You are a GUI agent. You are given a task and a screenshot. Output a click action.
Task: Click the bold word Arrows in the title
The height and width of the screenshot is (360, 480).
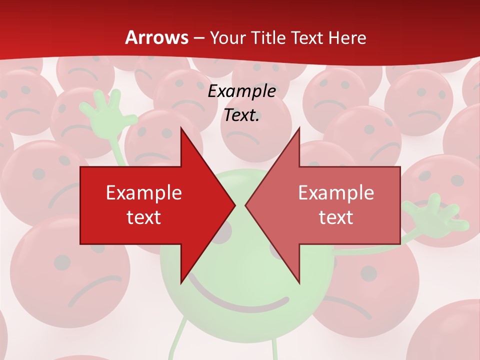156,37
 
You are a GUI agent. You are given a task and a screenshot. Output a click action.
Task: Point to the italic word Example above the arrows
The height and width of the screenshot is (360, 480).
242,91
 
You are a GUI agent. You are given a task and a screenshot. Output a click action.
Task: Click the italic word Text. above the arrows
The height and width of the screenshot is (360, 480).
242,115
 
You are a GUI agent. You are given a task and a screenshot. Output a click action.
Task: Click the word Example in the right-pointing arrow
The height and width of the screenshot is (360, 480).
144,192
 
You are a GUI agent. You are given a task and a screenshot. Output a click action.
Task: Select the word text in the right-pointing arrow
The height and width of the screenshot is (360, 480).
144,217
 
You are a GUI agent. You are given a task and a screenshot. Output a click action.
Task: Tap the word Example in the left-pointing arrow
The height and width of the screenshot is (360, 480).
336,192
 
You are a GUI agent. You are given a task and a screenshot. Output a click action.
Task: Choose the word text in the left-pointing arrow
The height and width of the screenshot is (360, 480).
336,217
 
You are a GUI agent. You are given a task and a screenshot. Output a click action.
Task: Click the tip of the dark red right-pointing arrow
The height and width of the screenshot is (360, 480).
235,205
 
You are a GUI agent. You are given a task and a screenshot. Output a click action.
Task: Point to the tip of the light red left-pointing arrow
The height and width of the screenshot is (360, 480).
246,205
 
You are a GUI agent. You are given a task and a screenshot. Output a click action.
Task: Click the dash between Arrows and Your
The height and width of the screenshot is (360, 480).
198,38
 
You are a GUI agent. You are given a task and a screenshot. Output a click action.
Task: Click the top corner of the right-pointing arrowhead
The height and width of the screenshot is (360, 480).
181,128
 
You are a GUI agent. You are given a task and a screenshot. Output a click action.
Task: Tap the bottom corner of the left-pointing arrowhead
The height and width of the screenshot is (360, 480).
299,282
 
